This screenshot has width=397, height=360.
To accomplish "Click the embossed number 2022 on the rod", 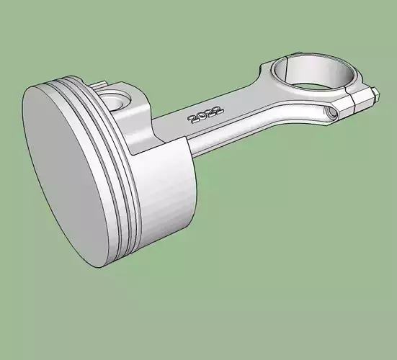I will [205, 114].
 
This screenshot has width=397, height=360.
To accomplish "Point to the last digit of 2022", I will [218, 109].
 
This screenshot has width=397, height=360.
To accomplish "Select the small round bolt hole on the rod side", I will [331, 112].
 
